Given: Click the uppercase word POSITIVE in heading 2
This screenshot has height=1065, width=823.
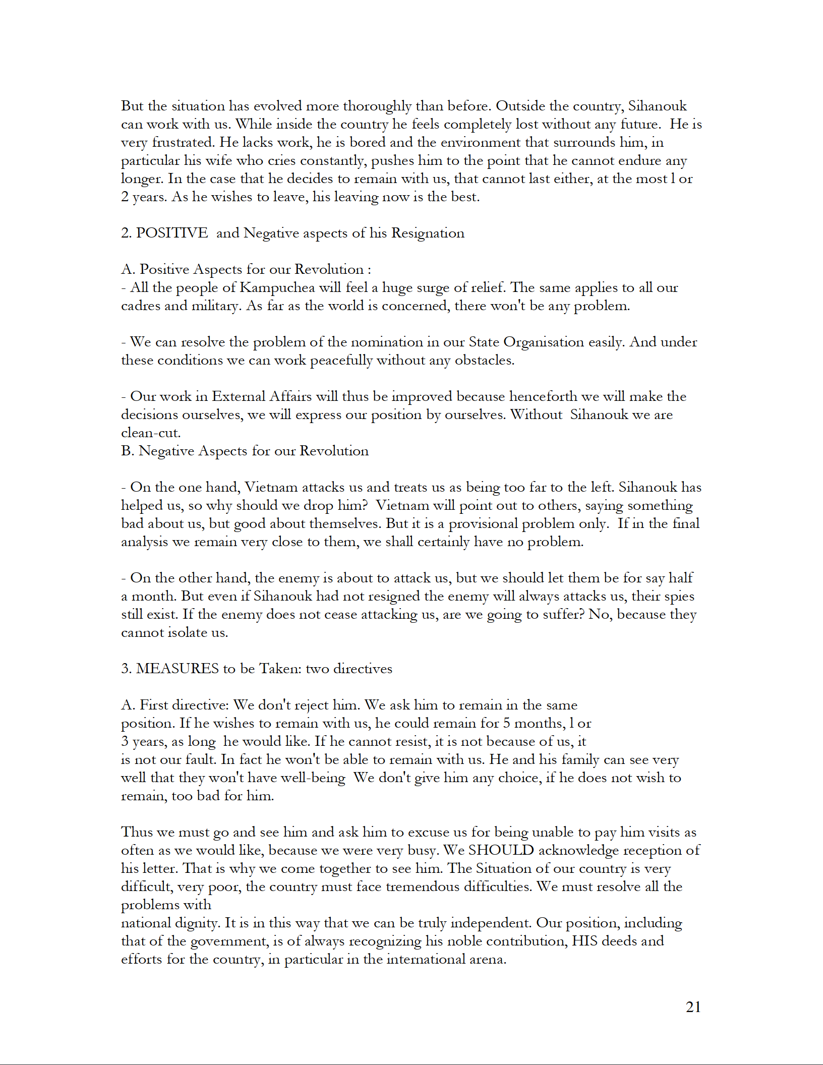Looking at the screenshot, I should (172, 233).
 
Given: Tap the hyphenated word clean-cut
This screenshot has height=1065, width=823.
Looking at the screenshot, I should (150, 433).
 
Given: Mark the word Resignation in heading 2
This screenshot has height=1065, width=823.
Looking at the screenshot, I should (428, 233).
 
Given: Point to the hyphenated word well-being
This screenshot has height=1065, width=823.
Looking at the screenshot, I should (313, 778).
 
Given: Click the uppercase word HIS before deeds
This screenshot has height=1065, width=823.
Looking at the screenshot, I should (584, 941).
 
